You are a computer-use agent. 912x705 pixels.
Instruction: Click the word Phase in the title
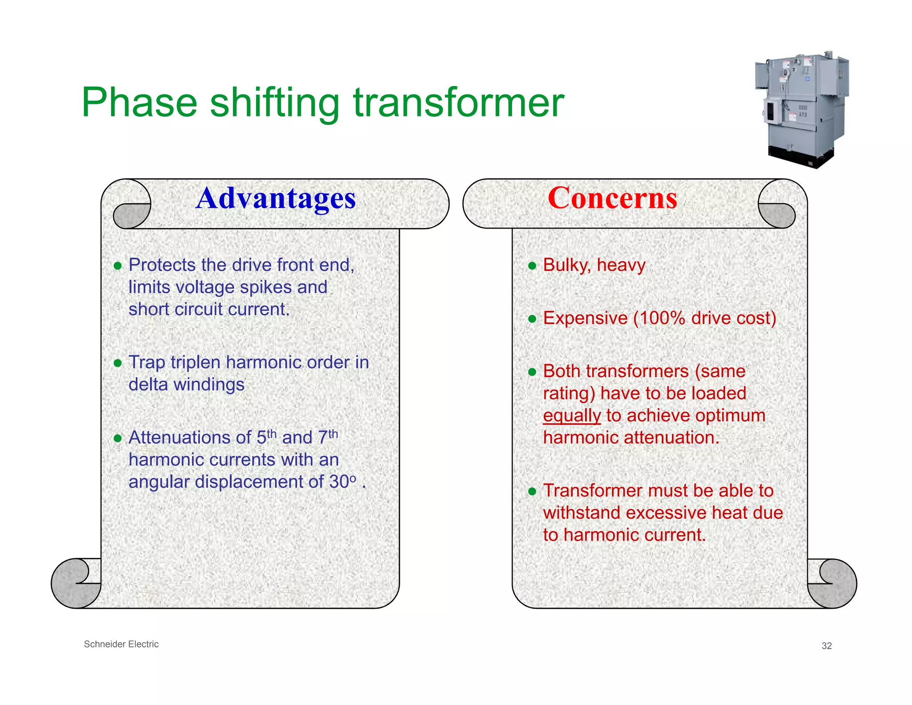[139, 103]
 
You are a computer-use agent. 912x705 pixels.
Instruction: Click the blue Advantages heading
[276, 198]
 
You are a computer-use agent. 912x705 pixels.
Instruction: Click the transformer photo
[802, 110]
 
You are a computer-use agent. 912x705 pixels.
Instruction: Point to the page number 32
[826, 646]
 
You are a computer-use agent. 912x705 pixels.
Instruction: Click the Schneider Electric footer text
[121, 644]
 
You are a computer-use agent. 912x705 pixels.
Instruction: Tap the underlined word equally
[572, 416]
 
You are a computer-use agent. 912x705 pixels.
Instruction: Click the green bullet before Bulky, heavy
[532, 266]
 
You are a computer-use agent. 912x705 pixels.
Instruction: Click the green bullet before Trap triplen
[118, 363]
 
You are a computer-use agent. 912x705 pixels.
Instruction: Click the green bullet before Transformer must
[532, 492]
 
